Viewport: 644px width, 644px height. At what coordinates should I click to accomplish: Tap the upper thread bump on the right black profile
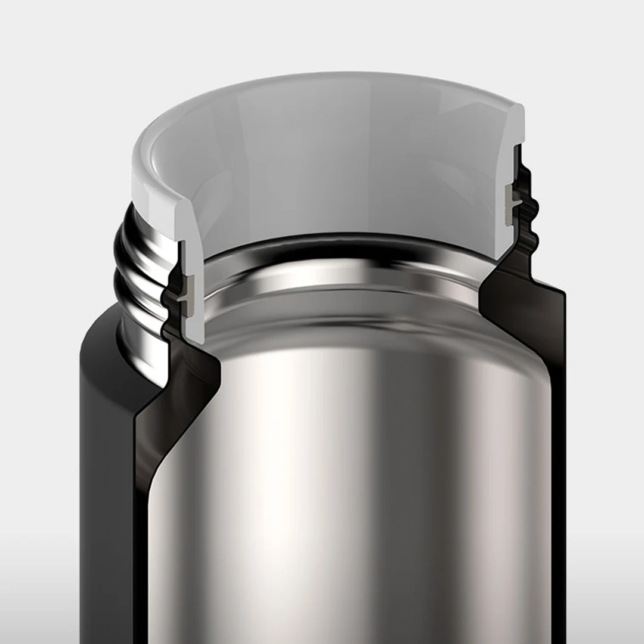tap(532, 206)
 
